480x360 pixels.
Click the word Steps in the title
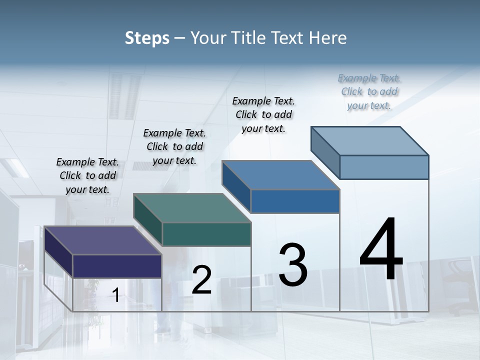pos(147,38)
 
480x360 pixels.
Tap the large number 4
pos(381,249)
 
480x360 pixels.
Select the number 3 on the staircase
pos(293,264)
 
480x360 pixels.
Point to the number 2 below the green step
pos(201,280)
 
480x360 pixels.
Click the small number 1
pos(116,295)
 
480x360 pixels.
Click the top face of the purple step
pos(102,240)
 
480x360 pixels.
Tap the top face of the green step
pos(192,208)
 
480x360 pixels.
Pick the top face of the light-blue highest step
pos(370,141)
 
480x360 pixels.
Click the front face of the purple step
pos(117,266)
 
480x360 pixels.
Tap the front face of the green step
pos(206,234)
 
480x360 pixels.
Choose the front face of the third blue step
pos(295,201)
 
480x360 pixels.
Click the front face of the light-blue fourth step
pos(384,167)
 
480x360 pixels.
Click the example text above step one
pos(87,175)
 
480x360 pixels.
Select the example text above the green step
pos(174,146)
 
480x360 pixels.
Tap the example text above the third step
pos(263,114)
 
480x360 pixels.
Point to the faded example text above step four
pos(369,91)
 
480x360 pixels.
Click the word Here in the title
pos(328,38)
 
